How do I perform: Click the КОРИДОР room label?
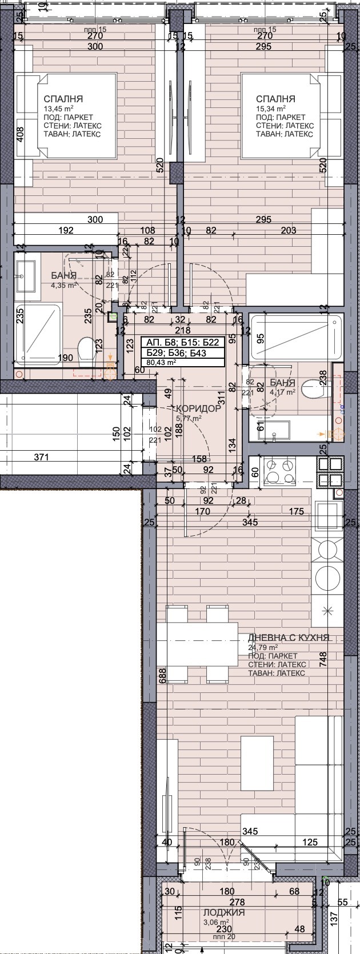[198, 408]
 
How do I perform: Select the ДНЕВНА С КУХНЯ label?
[289, 638]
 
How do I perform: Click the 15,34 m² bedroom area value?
[271, 108]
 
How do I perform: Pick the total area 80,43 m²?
[162, 362]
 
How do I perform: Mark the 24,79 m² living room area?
[263, 647]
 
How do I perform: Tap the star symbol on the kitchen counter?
[328, 610]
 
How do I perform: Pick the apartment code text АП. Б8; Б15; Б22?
[179, 343]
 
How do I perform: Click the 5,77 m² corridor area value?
[189, 418]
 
